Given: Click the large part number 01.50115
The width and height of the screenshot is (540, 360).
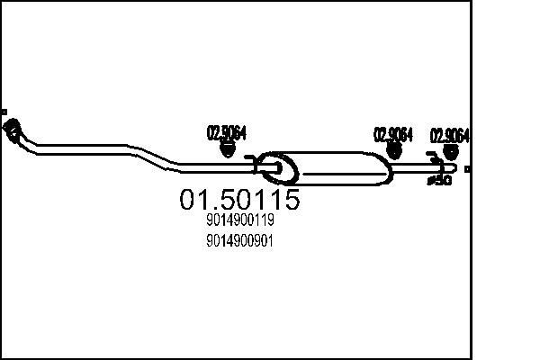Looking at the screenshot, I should coord(239,200).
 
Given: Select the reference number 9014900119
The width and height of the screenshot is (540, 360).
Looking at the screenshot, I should coord(239,220).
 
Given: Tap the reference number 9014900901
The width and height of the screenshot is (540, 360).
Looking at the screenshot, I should coord(239,240).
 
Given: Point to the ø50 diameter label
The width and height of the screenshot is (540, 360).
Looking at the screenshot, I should coord(439,180).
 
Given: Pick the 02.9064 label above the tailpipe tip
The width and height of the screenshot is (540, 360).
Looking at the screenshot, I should coord(451,136).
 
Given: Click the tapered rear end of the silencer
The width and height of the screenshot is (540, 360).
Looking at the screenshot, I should coord(386,168).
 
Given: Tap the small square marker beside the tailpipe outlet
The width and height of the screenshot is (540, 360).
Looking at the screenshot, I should coord(467,168).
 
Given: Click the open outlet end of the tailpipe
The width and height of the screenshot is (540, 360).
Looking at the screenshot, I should coord(456,167).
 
